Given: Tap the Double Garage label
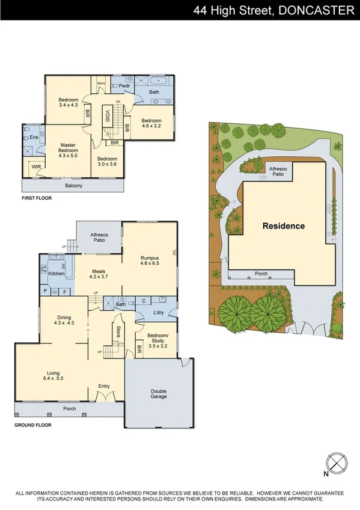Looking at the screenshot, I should (159, 393).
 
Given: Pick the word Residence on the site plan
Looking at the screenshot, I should (283, 226).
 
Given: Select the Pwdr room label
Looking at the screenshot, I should (125, 86).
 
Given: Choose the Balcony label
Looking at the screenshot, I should (74, 185).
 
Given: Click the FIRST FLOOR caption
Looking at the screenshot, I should (37, 198).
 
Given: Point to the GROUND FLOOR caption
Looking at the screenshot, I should (32, 425).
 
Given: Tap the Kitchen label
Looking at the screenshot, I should (56, 274).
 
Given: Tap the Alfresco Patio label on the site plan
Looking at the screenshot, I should (278, 173).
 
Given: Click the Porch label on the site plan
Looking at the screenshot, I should (261, 274).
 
